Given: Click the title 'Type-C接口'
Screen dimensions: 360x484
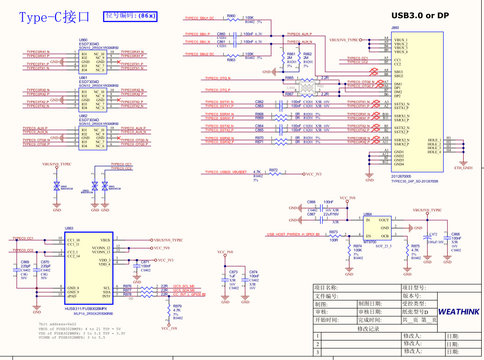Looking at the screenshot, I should click(54, 17).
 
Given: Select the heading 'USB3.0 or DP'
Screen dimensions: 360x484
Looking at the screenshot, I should click(420, 15).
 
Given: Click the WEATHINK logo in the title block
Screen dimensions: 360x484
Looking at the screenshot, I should click(458, 312).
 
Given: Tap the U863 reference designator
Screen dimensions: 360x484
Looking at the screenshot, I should click(69, 228).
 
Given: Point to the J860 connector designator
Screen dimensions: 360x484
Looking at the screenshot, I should click(395, 28).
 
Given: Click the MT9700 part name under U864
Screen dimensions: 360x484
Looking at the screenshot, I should click(370, 242).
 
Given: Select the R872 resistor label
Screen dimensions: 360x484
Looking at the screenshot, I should click(273, 170).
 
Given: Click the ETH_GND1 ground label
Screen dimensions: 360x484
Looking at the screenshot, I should click(463, 168).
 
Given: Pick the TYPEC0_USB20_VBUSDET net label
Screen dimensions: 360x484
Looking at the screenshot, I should click(226, 172).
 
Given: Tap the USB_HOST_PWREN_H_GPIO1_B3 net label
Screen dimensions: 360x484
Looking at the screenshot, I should click(293, 235).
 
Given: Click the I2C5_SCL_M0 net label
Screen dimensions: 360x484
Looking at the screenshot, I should click(183, 286).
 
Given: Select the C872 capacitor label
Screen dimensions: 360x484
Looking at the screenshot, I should click(433, 235).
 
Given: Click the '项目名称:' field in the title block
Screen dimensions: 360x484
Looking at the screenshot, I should click(326, 288).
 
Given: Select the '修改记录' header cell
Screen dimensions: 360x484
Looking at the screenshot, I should click(368, 328).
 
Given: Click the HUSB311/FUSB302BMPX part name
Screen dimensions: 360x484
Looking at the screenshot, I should click(86, 308).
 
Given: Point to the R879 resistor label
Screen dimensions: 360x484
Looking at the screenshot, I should click(177, 306).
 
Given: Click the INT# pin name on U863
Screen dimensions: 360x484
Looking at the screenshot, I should click(106, 295).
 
